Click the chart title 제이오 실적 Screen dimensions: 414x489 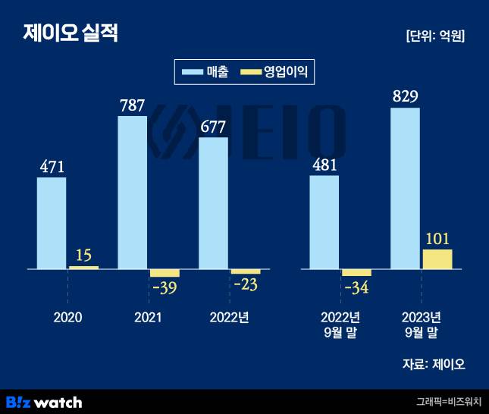click(x=71, y=33)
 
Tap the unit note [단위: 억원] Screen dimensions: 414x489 click(x=435, y=36)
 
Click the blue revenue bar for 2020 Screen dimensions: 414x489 click(x=52, y=223)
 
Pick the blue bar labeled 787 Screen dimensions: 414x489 click(x=133, y=193)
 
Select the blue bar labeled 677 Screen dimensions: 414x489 click(x=213, y=203)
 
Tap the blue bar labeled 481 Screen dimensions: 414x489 click(x=324, y=221)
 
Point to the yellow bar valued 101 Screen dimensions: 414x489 click(x=437, y=259)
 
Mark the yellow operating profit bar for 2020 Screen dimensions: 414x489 click(x=83, y=267)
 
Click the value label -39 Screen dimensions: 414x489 click(x=165, y=288)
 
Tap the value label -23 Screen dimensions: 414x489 click(x=245, y=286)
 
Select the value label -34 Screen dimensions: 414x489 click(x=356, y=288)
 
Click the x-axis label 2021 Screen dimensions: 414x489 click(x=149, y=317)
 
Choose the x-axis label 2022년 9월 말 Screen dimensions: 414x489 click(x=340, y=324)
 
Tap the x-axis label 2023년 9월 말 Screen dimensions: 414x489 click(x=421, y=324)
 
